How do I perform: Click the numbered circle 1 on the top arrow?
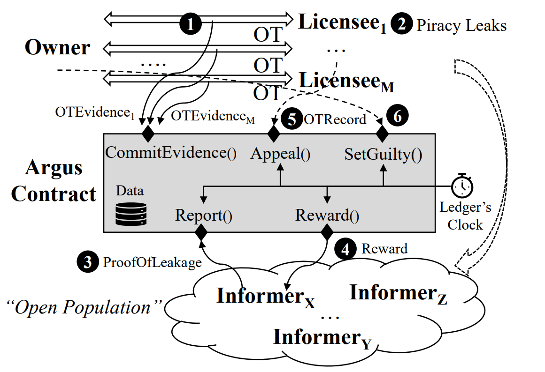(x=190, y=24)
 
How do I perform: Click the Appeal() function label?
(x=280, y=154)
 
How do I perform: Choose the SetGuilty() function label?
(x=383, y=154)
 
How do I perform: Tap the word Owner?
(x=57, y=47)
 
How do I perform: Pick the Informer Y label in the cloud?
(x=322, y=338)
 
